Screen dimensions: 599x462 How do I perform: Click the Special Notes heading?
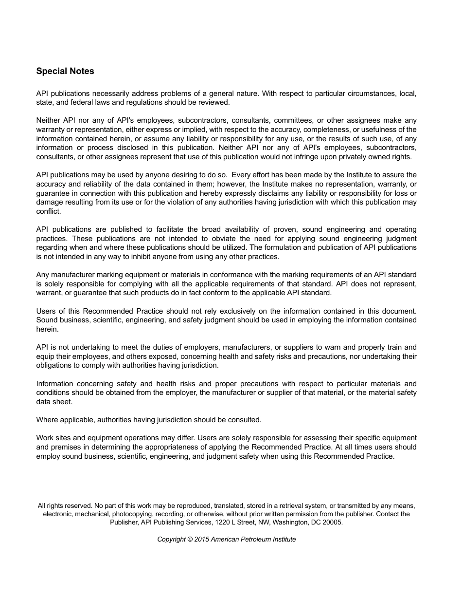click(65, 71)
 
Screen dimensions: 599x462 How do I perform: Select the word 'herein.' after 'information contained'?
click(47, 329)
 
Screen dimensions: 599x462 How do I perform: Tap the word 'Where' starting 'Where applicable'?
click(47, 420)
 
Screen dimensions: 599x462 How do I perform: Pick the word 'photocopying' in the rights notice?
click(140, 514)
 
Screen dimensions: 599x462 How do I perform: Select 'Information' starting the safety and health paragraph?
click(54, 384)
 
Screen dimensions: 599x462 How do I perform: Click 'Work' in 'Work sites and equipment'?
click(45, 438)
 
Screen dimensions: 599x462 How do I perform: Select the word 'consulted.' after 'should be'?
click(245, 420)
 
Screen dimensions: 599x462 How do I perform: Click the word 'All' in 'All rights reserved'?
click(42, 505)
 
